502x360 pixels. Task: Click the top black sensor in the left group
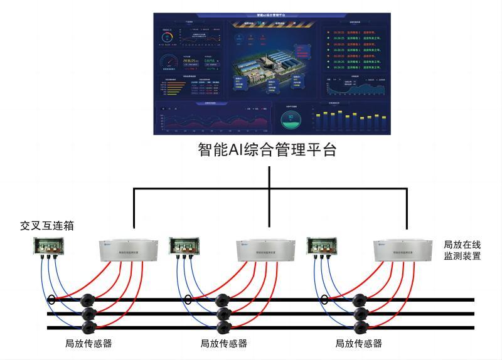click(x=87, y=300)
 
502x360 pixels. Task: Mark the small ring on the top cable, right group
click(x=324, y=299)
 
